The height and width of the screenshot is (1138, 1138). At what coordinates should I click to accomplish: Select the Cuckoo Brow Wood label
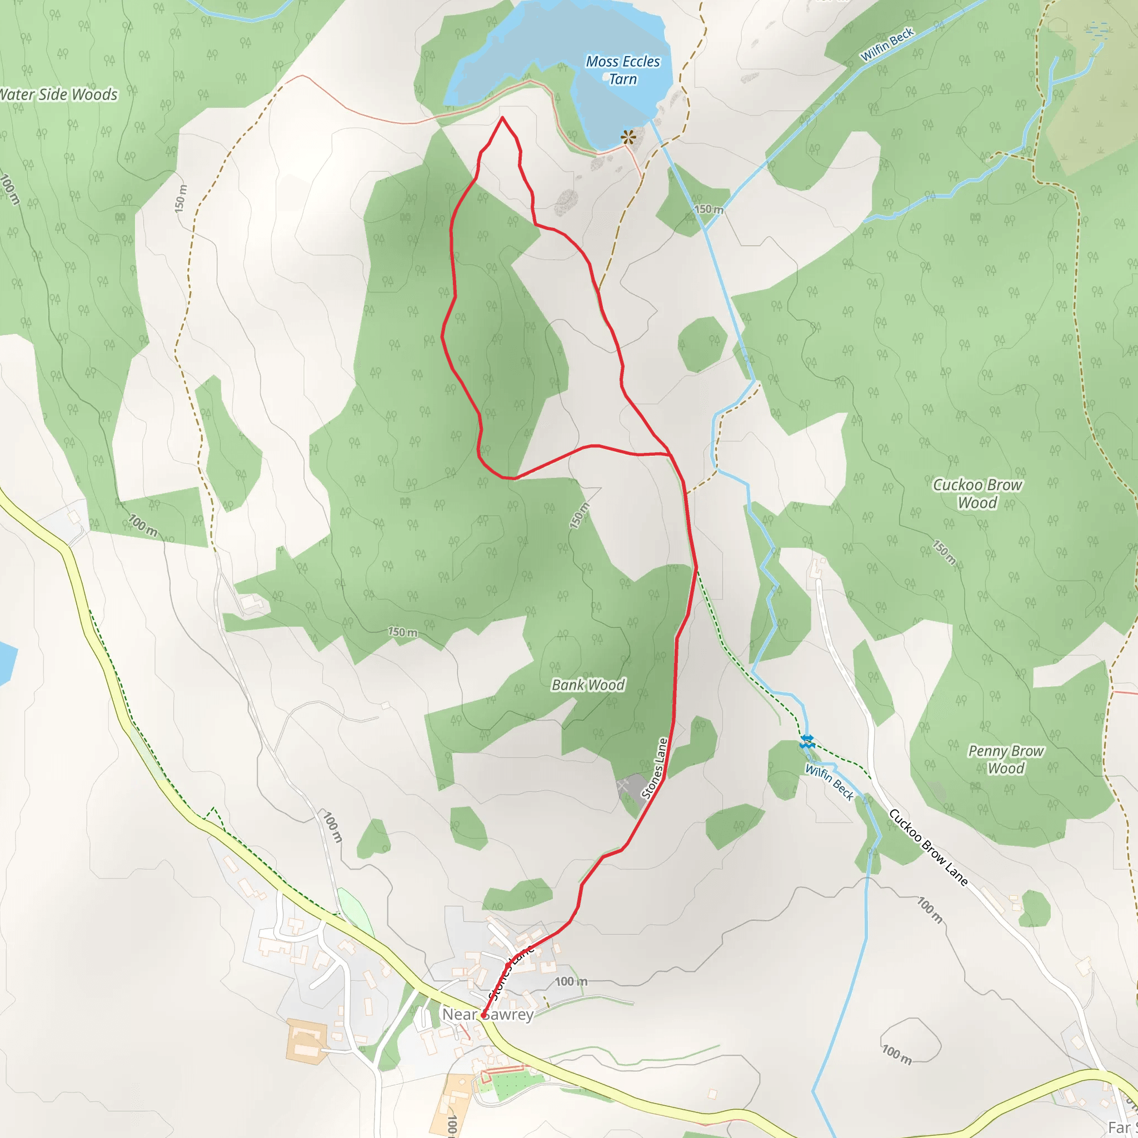(977, 493)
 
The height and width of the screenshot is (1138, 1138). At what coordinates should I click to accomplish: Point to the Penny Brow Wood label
(1006, 759)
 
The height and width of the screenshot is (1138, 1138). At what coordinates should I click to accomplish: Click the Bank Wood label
(588, 685)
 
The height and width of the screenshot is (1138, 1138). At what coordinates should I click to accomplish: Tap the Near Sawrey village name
(488, 1014)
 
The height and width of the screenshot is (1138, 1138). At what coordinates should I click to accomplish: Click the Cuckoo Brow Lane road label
(928, 847)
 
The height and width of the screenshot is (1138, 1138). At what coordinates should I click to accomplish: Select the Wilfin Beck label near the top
(887, 45)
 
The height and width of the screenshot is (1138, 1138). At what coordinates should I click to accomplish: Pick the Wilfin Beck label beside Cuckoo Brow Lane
(830, 782)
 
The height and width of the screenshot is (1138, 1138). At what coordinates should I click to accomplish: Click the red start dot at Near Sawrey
(483, 1015)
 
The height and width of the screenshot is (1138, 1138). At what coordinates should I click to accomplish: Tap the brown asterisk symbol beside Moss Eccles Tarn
(628, 138)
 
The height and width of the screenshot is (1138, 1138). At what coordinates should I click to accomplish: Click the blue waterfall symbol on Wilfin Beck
(807, 742)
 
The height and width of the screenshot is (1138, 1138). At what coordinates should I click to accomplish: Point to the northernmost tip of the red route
(502, 117)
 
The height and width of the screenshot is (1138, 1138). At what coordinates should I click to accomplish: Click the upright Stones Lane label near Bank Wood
(655, 768)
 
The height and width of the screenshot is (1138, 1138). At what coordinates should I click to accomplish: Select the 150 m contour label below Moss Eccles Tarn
(708, 209)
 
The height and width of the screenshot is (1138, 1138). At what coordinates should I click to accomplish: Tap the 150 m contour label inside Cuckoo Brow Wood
(944, 552)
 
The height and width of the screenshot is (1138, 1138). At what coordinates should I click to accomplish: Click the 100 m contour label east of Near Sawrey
(571, 981)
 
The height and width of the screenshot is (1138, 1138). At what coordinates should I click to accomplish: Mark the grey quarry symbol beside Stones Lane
(631, 786)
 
